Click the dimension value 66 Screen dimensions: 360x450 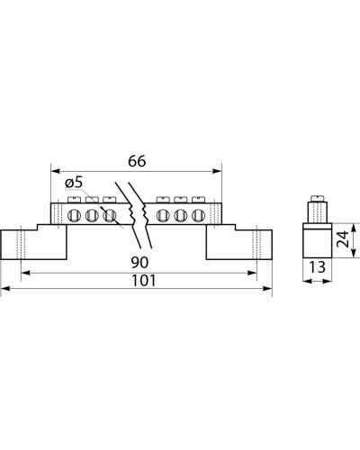pos(137,161)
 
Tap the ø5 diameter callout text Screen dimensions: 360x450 pos(74,183)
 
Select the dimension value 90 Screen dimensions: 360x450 pos(139,263)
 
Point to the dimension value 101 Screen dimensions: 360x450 pos(144,281)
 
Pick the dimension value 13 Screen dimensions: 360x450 pos(317,266)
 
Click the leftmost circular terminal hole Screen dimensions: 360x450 pos(73,215)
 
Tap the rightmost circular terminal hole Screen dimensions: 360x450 pos(197,215)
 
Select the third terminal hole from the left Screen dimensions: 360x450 pos(109,215)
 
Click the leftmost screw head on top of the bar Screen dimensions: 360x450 pos(75,200)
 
